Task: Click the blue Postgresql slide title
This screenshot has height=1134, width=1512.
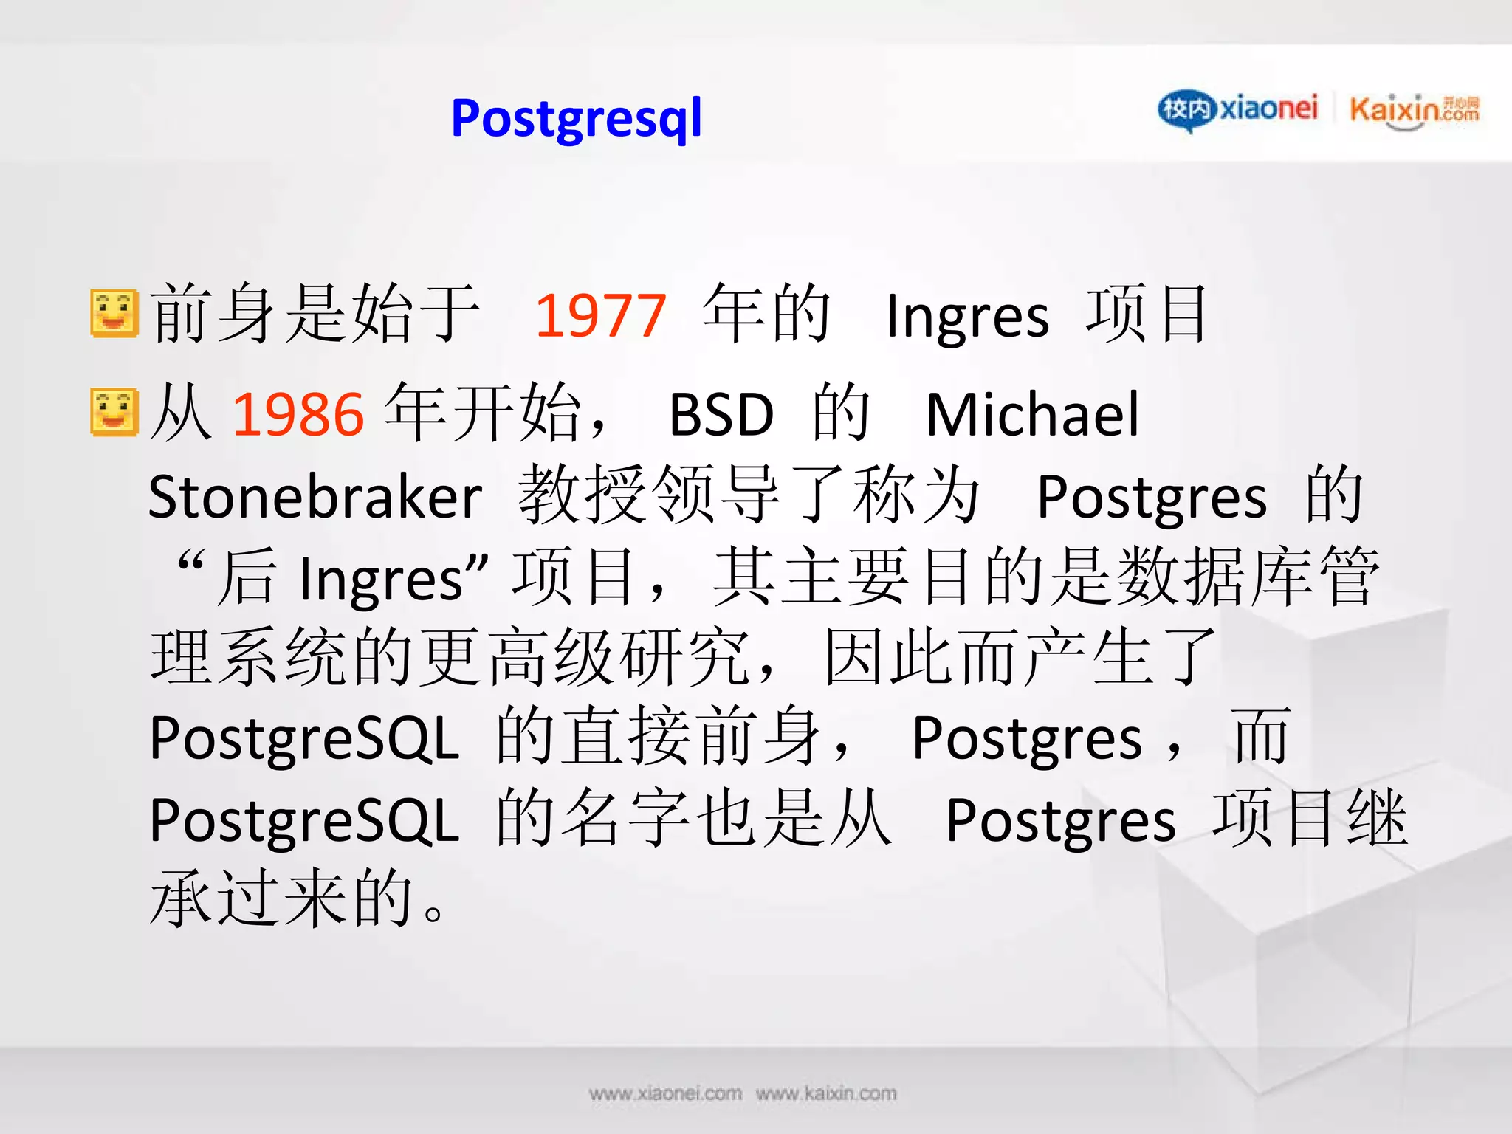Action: point(576,118)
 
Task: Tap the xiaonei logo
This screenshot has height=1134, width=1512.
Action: point(1237,109)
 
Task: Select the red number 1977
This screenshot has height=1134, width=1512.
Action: point(600,316)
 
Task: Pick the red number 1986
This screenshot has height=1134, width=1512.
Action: point(298,413)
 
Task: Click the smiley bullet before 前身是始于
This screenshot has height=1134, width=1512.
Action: point(114,314)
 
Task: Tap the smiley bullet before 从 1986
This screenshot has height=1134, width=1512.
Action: point(114,412)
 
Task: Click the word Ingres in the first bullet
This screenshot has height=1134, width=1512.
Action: point(966,316)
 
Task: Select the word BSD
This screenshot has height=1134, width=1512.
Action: point(721,414)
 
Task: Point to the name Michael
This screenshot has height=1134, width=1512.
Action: point(1032,414)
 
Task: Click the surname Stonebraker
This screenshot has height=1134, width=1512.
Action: point(315,497)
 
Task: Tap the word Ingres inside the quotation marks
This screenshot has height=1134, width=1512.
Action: point(381,580)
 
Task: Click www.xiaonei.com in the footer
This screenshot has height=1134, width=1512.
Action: point(664,1093)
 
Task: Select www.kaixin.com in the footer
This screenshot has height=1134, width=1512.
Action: point(826,1093)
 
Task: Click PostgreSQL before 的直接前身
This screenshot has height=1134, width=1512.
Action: point(304,738)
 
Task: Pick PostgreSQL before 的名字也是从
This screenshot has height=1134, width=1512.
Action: point(304,821)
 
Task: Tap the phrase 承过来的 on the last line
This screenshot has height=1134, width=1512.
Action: point(281,898)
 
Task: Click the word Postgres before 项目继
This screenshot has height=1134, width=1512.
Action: point(1060,821)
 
